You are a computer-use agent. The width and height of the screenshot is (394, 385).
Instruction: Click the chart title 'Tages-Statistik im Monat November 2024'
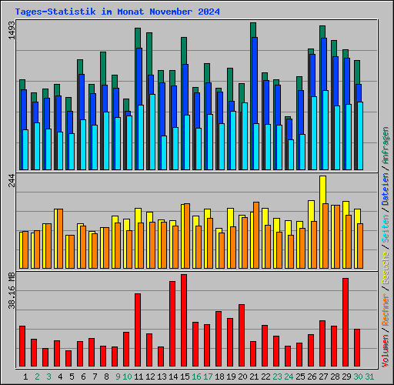[x=117, y=12]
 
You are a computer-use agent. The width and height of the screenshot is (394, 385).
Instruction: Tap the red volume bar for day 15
[x=184, y=320]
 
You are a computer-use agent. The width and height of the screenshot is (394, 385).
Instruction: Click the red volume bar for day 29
[x=346, y=322]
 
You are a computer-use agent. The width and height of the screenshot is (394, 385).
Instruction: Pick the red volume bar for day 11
[x=138, y=330]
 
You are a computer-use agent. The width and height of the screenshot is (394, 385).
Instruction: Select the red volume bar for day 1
[x=22, y=346]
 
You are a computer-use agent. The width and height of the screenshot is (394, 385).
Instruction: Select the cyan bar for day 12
[x=152, y=132]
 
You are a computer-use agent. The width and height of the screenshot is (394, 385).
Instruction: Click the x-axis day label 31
[x=369, y=376]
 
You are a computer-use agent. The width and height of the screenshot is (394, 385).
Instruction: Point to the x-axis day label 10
[x=127, y=376]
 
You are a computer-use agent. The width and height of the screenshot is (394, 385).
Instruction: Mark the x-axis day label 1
[x=25, y=376]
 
